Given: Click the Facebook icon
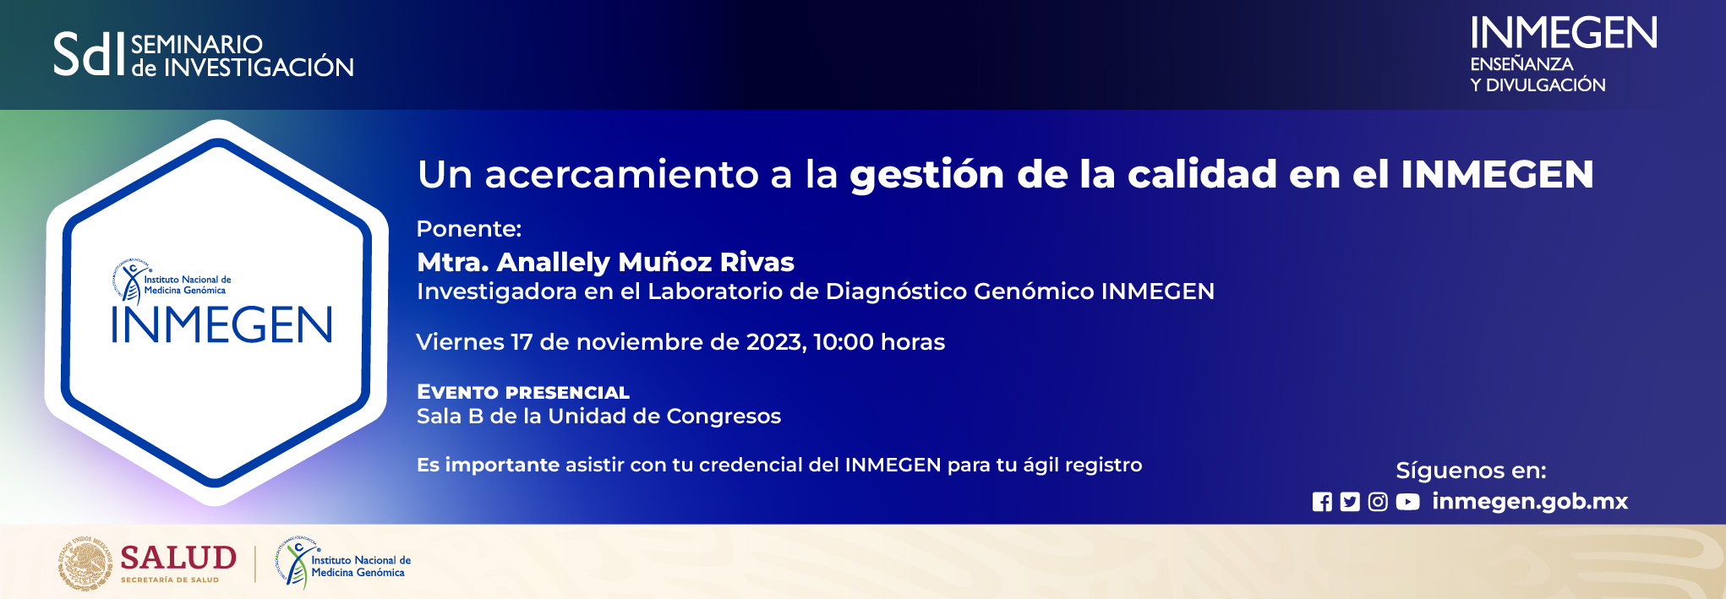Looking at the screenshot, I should point(1322,502).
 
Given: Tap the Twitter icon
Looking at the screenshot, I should point(1350,502).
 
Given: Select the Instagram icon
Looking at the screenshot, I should point(1378,502).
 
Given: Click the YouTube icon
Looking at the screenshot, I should point(1407,502).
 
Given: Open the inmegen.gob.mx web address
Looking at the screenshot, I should point(1530,501).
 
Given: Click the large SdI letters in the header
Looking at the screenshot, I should point(89,55).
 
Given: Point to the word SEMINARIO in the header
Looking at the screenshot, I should point(197,44).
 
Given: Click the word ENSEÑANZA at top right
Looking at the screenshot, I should point(1521,64).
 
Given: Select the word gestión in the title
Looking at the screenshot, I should point(926,175).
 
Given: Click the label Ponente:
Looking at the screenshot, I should point(469,229).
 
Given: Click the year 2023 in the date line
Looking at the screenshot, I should point(773,342).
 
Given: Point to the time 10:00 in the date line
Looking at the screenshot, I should point(844,342).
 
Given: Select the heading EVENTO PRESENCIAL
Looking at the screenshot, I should point(523,392).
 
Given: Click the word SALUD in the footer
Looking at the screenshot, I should point(178,558).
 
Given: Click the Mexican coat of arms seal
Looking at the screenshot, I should point(85,564).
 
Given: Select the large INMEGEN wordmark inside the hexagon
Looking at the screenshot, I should point(221,325).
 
